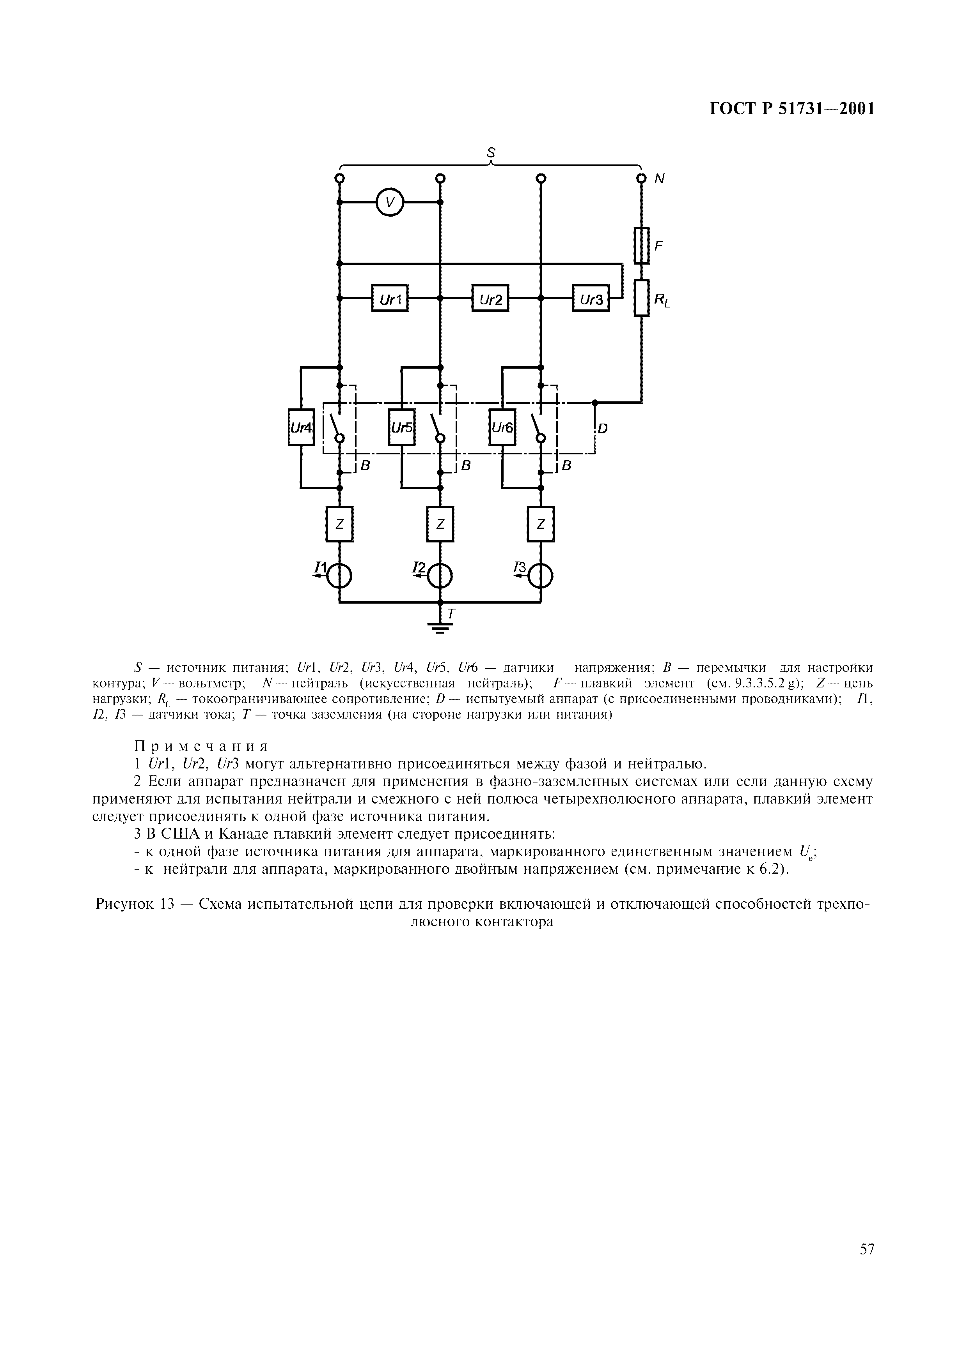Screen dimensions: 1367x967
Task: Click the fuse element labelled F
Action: (x=642, y=245)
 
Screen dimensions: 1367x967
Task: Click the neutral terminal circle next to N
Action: (x=642, y=178)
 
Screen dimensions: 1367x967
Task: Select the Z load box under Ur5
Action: (x=440, y=524)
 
